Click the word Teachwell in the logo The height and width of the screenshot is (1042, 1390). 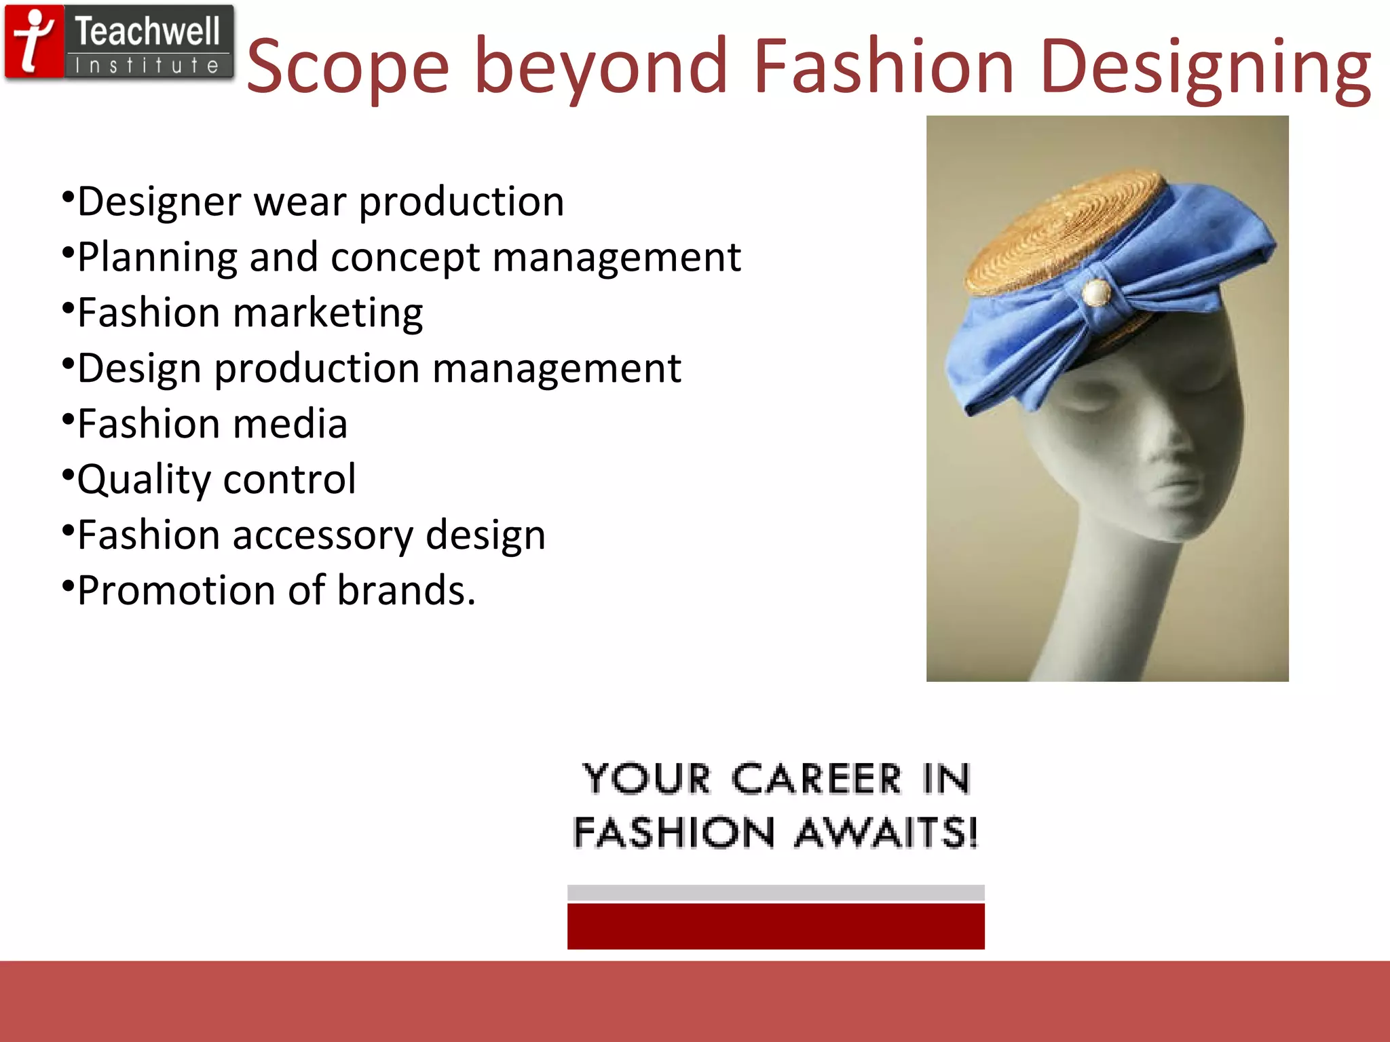click(147, 32)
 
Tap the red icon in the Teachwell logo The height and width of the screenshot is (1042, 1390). click(35, 42)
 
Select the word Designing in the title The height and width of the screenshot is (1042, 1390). click(1205, 68)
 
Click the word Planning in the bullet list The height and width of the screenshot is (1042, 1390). click(157, 258)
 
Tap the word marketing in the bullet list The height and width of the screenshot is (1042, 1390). click(328, 313)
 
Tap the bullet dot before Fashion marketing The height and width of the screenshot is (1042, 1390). click(67, 308)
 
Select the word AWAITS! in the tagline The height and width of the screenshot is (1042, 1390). click(886, 833)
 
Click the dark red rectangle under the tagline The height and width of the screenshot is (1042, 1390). click(776, 926)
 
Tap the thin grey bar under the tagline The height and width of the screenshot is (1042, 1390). click(776, 892)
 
